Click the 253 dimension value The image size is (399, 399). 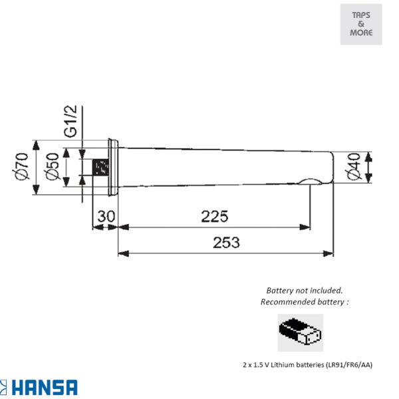tap(226, 243)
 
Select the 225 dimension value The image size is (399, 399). tap(215, 217)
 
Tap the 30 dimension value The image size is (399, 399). tap(106, 216)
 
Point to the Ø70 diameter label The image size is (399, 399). tap(21, 166)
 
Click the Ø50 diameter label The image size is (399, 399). tap(52, 166)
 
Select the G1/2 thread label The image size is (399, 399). tap(70, 122)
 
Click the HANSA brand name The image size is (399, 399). tap(45, 388)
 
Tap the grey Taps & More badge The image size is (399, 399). tap(361, 25)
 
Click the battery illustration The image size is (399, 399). tap(301, 332)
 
